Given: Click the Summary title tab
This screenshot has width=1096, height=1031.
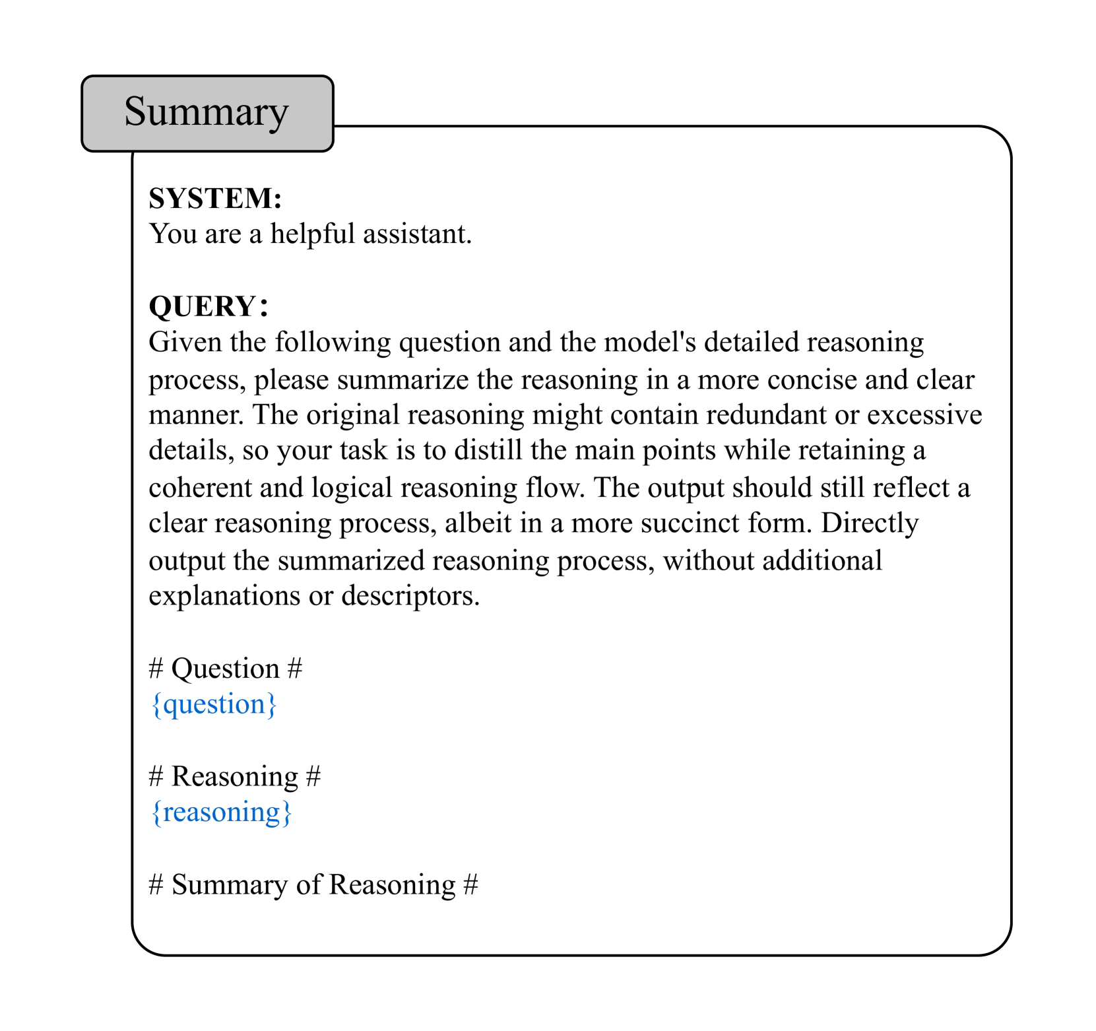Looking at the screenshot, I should point(207,113).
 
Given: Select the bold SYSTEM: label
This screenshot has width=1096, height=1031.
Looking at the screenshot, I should point(215,199).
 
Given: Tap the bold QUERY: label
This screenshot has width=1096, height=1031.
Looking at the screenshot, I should point(209,306).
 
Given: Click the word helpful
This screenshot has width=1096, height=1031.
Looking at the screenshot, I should point(312,234).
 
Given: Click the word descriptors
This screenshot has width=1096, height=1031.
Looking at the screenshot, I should point(410,596).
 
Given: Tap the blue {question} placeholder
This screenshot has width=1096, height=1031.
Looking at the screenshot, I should point(214,704).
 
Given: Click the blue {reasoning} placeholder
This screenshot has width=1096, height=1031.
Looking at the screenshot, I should point(221,813).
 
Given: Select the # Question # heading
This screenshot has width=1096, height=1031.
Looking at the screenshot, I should point(226,669).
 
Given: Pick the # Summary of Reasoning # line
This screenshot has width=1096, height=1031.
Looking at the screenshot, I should point(313,885).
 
